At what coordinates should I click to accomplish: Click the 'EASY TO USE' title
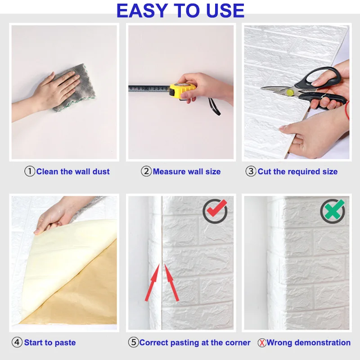(x=180, y=11)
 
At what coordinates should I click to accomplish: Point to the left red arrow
(x=152, y=282)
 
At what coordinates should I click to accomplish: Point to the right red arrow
(x=171, y=282)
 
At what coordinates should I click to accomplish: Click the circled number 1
(x=30, y=171)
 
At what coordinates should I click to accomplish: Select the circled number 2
(x=146, y=171)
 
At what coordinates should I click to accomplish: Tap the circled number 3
(x=251, y=171)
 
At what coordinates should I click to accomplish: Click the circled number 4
(x=17, y=342)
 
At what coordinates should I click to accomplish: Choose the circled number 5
(x=133, y=342)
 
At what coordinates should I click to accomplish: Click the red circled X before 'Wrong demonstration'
(x=261, y=343)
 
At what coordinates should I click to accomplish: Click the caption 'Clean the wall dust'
(x=73, y=171)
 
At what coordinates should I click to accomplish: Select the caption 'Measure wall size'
(x=187, y=171)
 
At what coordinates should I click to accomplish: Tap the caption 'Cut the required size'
(x=297, y=171)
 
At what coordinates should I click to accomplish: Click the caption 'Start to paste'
(x=50, y=342)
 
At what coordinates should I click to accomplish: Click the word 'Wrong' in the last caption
(x=280, y=342)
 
